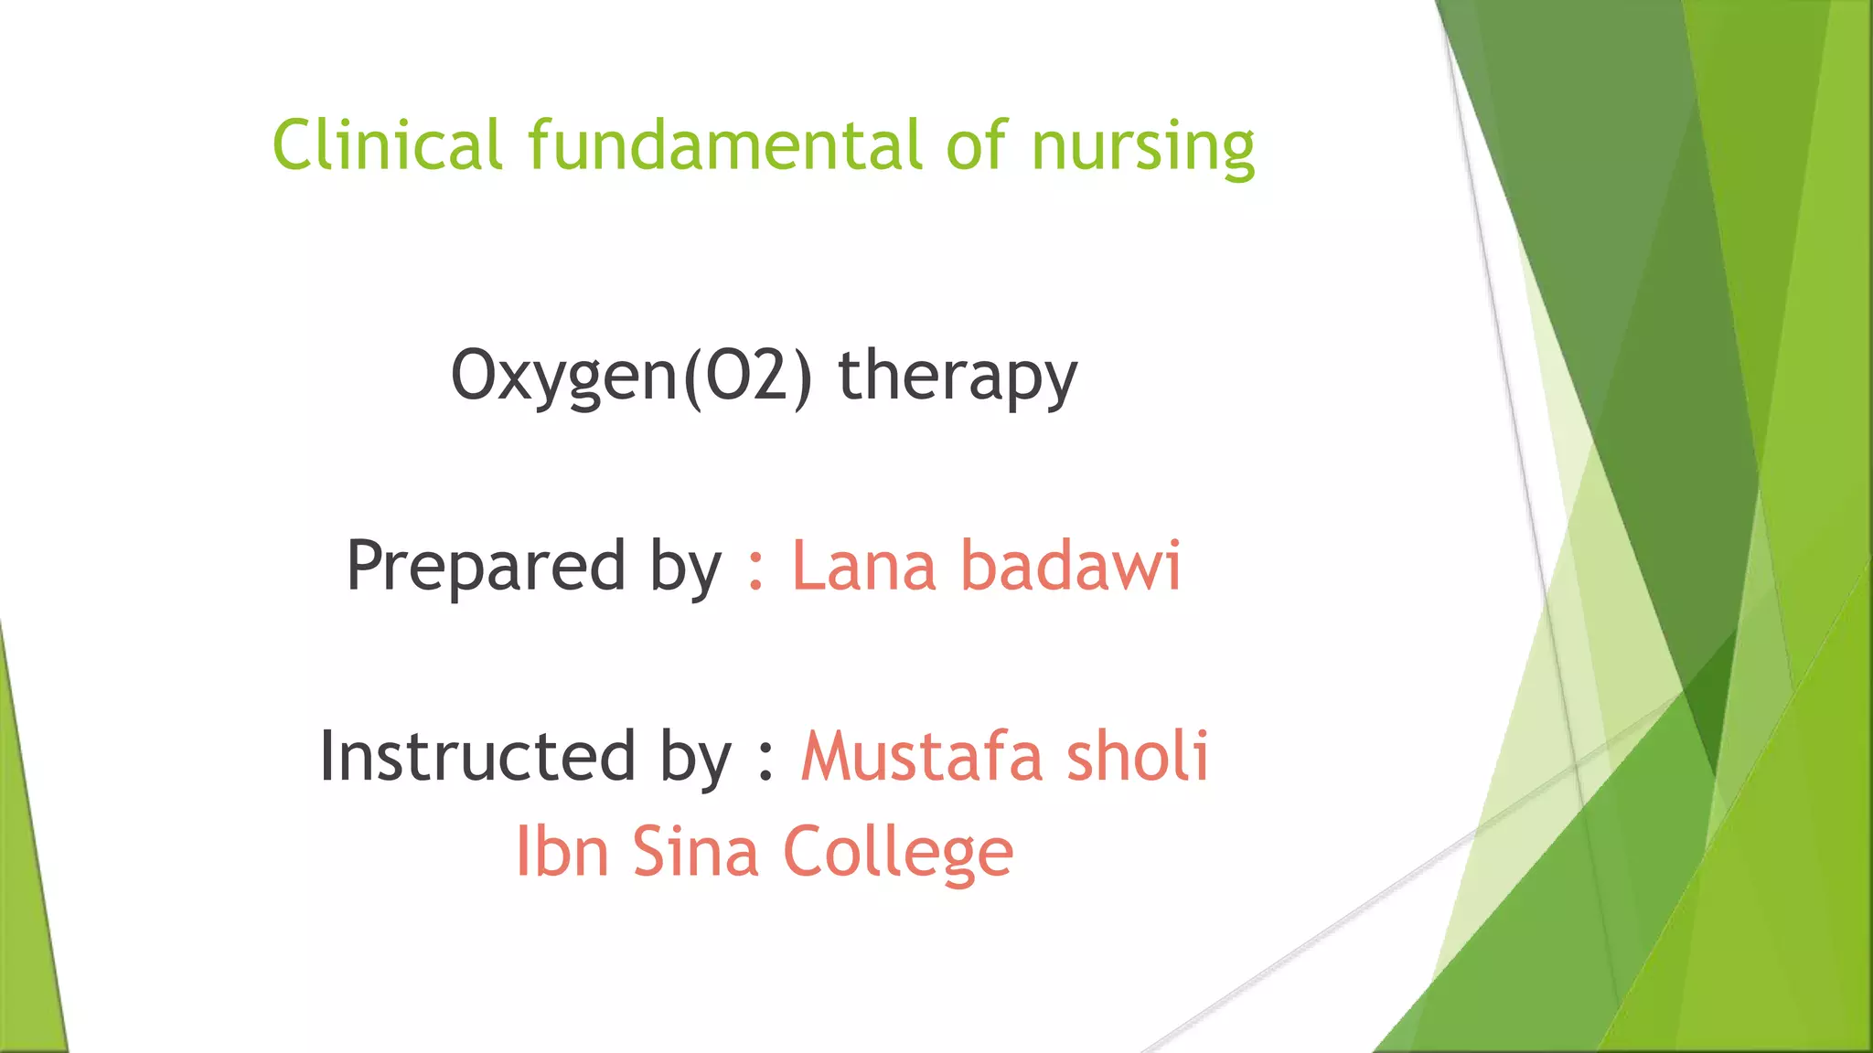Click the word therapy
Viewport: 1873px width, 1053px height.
(958, 377)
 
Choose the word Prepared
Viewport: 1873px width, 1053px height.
(486, 566)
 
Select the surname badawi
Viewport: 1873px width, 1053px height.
(1071, 566)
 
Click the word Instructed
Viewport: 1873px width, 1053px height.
(477, 756)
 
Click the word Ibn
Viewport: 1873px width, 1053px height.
(562, 851)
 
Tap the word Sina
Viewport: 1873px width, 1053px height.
(695, 851)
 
